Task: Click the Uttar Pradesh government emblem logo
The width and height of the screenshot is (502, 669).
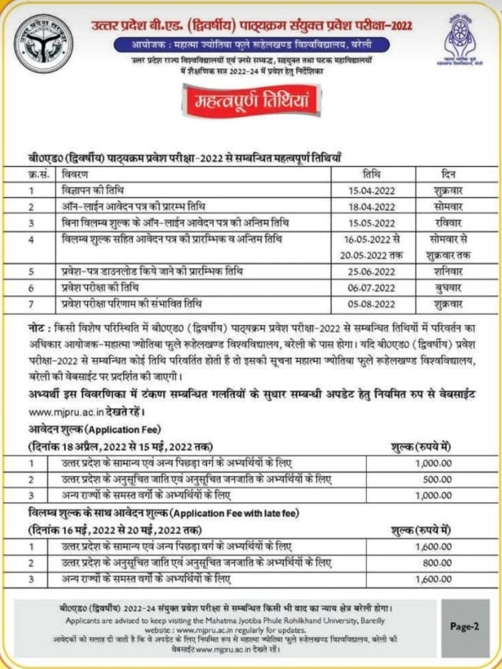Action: [x=43, y=43]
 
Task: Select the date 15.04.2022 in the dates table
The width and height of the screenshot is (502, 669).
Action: [x=372, y=190]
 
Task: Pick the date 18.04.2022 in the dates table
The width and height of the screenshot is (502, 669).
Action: [x=372, y=206]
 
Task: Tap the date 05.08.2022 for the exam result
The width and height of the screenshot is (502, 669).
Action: [x=372, y=305]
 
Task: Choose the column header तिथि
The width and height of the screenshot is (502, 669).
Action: [x=372, y=174]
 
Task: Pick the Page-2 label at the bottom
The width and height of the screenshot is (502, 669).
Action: [x=464, y=626]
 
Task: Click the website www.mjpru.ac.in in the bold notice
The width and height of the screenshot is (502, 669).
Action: [x=60, y=411]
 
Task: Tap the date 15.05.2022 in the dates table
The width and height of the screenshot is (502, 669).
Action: [x=372, y=223]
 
